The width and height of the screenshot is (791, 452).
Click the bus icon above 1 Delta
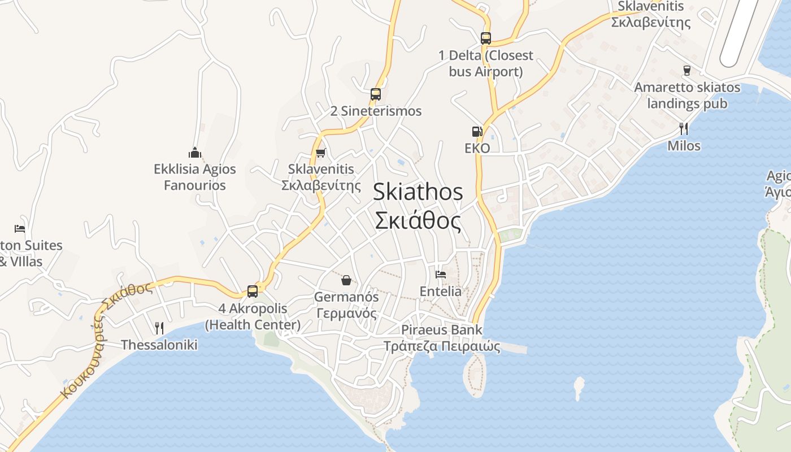pos(486,38)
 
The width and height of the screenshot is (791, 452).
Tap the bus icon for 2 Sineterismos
pos(376,94)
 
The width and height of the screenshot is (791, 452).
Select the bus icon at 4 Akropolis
pos(253,292)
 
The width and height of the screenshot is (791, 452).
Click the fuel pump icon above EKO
pos(477,132)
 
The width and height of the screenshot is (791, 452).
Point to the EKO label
pos(477,149)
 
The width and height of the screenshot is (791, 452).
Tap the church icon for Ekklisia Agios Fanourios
pos(195,153)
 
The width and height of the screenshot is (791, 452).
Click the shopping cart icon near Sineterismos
pos(321,153)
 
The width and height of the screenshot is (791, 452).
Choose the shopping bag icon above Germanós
pos(346,280)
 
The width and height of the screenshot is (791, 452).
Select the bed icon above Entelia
pos(441,275)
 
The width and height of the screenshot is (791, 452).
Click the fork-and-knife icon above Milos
pos(684,129)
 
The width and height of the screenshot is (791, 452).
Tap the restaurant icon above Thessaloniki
pos(159,328)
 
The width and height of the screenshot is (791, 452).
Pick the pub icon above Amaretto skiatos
pos(687,71)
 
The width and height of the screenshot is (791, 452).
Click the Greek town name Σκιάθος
pos(418,221)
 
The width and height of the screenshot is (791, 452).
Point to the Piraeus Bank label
pos(442,330)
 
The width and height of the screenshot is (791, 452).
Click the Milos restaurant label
pos(684,146)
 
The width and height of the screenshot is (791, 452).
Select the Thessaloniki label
pos(159,345)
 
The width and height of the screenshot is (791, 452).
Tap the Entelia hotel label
pos(441,292)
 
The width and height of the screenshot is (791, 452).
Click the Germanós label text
pos(346,297)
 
